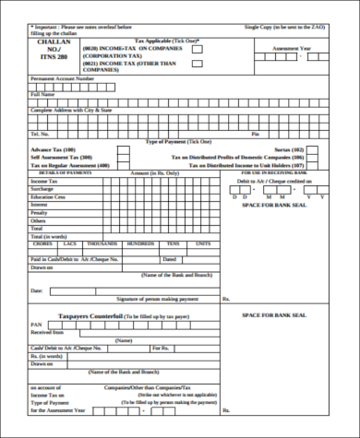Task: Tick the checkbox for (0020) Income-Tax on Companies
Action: coord(198,51)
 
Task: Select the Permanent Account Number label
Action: coord(63,79)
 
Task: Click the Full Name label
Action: coord(43,94)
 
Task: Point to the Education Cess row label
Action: coord(49,196)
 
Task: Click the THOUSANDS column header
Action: coord(102,243)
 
